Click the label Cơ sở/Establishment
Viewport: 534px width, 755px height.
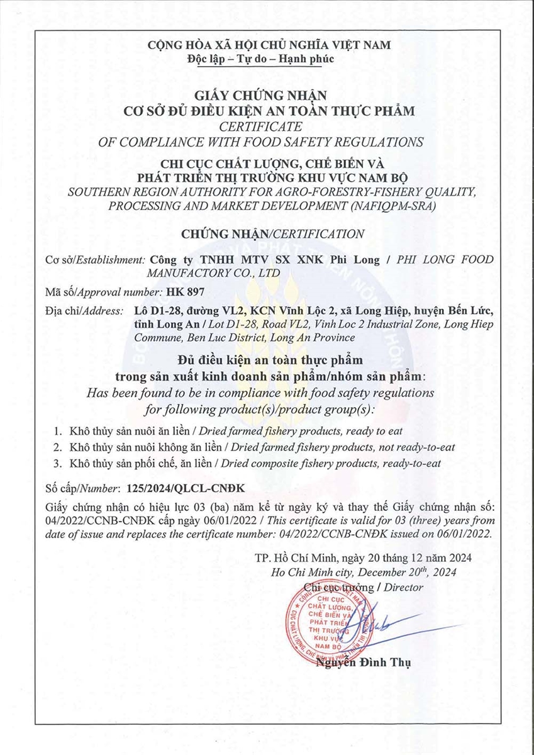coord(95,260)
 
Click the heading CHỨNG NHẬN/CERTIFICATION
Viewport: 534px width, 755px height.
coord(272,234)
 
